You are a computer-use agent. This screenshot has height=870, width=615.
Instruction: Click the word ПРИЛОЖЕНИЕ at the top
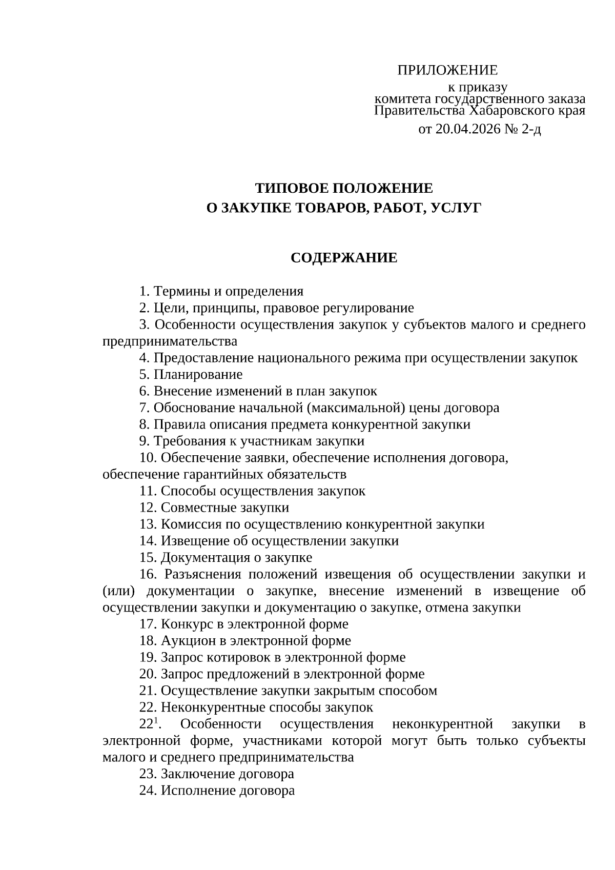pos(447,70)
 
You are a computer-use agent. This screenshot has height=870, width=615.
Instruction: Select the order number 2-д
pos(531,129)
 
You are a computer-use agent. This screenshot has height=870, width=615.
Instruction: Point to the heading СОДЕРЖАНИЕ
pos(344,258)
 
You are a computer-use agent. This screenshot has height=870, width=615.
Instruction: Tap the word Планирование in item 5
pos(198,375)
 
